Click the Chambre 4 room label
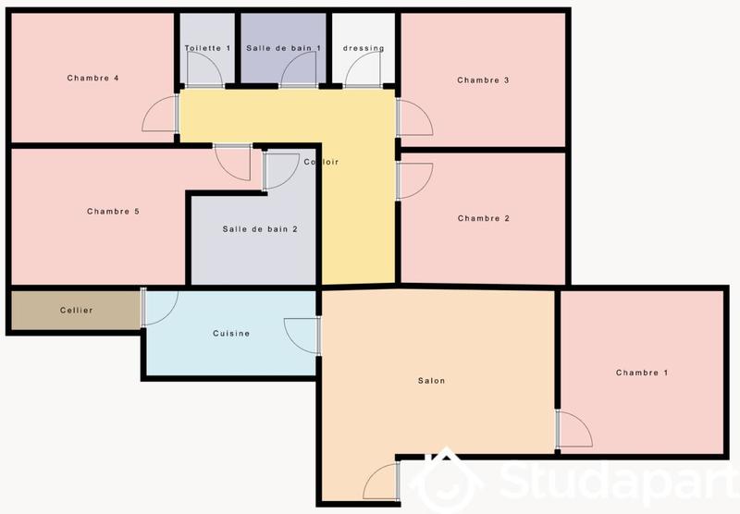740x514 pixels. [92, 78]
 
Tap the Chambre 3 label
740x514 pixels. [484, 80]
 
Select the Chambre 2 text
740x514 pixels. [484, 218]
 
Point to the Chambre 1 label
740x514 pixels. [642, 373]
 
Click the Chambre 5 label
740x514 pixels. [113, 212]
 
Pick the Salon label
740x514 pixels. [431, 381]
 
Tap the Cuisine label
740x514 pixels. [231, 334]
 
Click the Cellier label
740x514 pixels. [76, 310]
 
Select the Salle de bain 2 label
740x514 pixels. [260, 228]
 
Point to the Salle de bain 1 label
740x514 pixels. [283, 48]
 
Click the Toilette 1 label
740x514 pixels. [207, 48]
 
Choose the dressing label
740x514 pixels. [364, 48]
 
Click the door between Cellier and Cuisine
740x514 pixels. [159, 307]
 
